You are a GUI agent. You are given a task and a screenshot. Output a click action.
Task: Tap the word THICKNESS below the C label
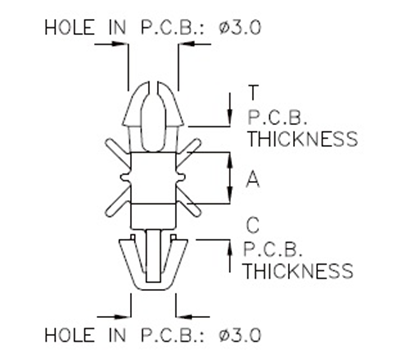coord(299,270)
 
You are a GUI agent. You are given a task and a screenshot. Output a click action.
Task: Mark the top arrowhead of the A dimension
coord(233,159)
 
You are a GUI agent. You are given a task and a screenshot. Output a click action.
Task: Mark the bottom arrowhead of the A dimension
coord(233,199)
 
